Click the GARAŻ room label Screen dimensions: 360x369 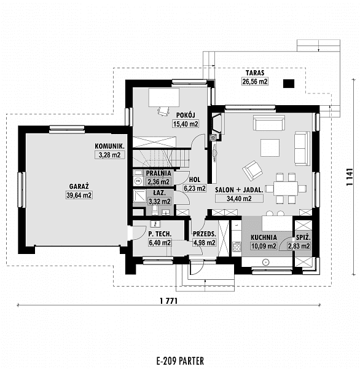79,186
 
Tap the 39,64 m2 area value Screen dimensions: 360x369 79,195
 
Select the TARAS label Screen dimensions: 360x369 255,73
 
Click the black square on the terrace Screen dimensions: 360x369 289,84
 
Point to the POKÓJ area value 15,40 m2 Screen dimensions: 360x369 186,124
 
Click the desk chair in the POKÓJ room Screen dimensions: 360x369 163,111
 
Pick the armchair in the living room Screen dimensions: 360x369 252,170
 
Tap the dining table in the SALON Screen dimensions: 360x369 286,188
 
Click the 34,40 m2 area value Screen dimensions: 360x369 239,199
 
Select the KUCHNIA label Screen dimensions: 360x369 264,237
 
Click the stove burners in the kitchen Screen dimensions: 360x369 237,247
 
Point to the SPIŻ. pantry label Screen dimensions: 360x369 303,237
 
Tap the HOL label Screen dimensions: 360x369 195,180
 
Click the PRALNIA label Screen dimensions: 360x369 158,173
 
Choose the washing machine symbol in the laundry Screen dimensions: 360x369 138,181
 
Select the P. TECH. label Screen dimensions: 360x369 160,234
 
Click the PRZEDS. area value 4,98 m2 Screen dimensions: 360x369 204,243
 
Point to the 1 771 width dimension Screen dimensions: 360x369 168,301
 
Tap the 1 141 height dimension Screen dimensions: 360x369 350,177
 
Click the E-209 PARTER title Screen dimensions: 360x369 180,360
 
